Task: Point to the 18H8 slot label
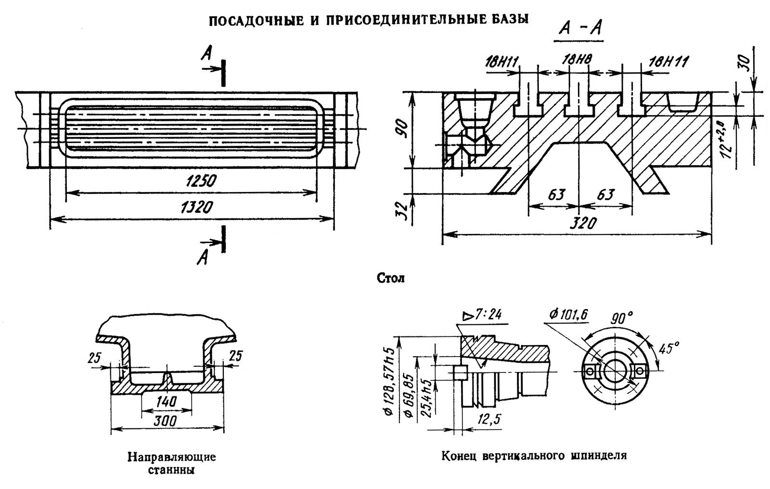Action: click(x=577, y=60)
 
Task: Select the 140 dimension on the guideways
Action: click(x=166, y=401)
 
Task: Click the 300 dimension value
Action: click(x=166, y=421)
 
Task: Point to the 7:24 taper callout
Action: click(x=482, y=315)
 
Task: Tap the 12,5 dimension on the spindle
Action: click(x=488, y=420)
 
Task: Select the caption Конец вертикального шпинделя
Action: click(x=534, y=455)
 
